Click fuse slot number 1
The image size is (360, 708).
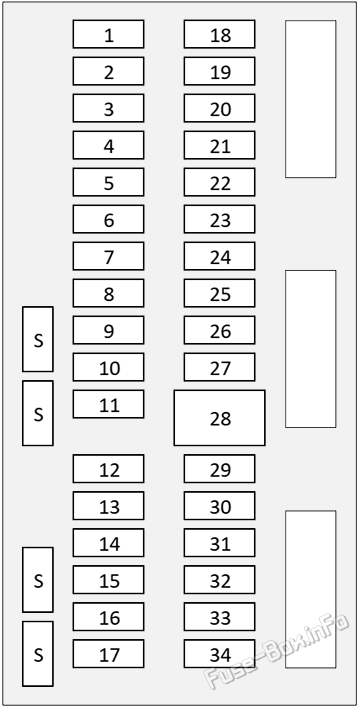[x=108, y=34]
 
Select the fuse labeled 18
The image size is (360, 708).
[x=220, y=34]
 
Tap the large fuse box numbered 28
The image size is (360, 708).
[x=220, y=418]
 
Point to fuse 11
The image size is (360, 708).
[x=108, y=404]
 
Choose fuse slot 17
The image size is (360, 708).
[x=108, y=653]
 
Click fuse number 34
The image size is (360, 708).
[x=220, y=653]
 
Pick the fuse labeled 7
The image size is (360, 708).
[x=108, y=256]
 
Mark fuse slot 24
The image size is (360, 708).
[x=220, y=256]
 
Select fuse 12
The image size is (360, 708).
[x=108, y=469]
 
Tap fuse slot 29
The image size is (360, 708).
[x=220, y=469]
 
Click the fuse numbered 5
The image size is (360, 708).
[x=108, y=182]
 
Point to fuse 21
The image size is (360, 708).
[x=220, y=145]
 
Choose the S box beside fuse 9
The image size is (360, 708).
[x=38, y=339]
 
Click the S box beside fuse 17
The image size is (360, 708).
[x=38, y=654]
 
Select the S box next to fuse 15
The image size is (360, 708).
[x=38, y=580]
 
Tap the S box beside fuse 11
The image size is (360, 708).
[x=38, y=413]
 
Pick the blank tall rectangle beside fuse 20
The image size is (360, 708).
[x=311, y=99]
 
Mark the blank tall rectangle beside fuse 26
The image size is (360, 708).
[x=311, y=349]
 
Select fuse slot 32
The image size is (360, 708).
[x=220, y=580]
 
